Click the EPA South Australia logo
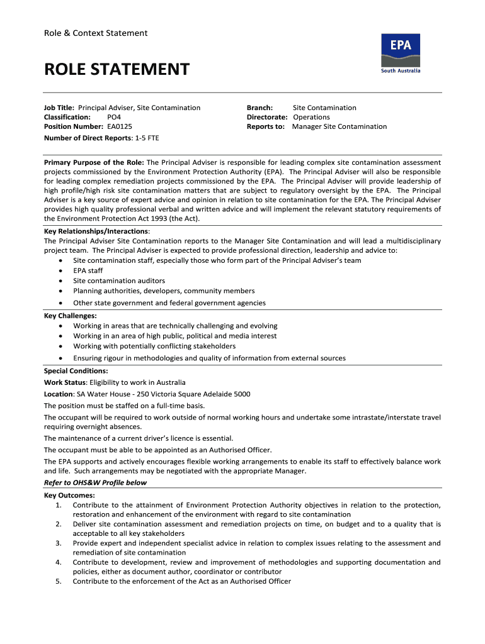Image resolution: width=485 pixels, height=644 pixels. (x=400, y=53)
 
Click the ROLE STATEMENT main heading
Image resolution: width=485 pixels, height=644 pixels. (x=117, y=69)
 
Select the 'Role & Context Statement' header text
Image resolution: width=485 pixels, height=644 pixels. (x=96, y=33)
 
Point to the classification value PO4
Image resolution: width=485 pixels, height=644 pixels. (x=115, y=117)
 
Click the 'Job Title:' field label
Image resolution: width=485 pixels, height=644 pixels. (x=59, y=108)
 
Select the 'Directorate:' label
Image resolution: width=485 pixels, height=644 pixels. (x=267, y=117)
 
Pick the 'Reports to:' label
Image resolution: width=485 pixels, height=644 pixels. (x=266, y=126)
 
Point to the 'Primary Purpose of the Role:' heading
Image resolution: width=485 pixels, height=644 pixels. (x=94, y=162)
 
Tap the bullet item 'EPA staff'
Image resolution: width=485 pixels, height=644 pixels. (x=88, y=270)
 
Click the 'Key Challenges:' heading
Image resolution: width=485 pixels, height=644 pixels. (x=71, y=316)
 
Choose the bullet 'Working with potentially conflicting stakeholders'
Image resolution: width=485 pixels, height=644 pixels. (x=154, y=346)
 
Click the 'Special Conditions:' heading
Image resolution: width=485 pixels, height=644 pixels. (x=76, y=371)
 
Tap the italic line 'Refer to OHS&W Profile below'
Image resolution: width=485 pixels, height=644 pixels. (x=95, y=483)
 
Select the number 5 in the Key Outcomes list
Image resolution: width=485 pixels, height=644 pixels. (x=58, y=582)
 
